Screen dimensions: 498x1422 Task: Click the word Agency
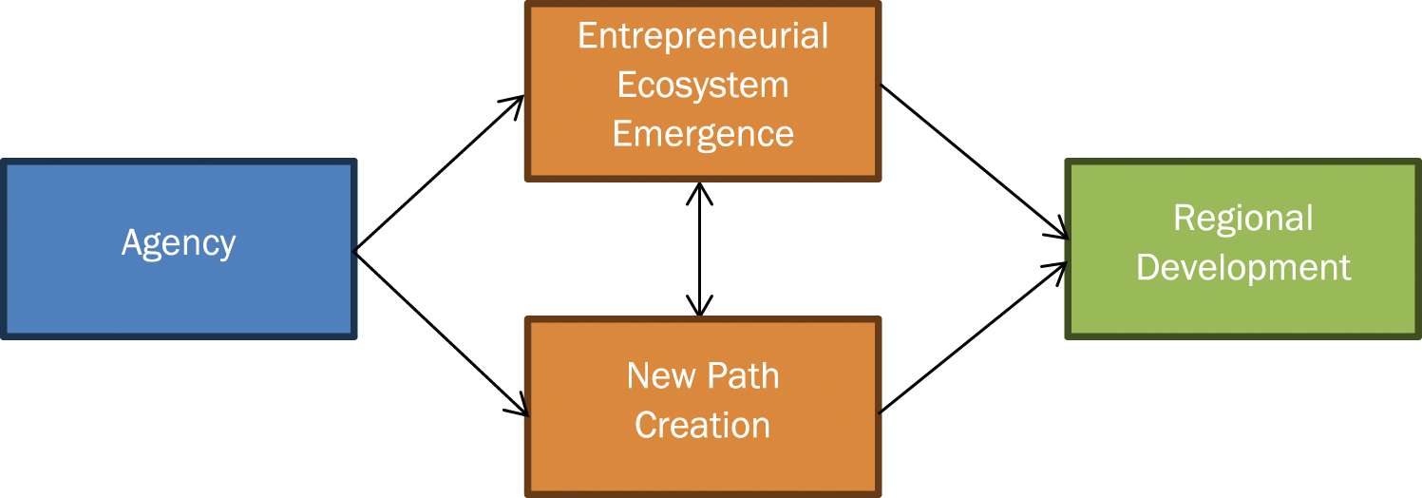click(179, 244)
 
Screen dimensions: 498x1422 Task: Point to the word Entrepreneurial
click(703, 36)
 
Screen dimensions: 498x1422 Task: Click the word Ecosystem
click(703, 86)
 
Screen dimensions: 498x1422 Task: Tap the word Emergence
click(703, 134)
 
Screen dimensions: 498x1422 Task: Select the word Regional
click(1242, 219)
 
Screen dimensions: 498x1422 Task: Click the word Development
click(1242, 268)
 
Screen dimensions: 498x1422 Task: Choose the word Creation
click(703, 425)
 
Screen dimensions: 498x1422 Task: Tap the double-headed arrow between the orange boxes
click(701, 249)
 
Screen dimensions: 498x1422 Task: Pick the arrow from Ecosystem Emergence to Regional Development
click(974, 161)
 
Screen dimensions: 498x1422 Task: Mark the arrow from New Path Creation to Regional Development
click(974, 338)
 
